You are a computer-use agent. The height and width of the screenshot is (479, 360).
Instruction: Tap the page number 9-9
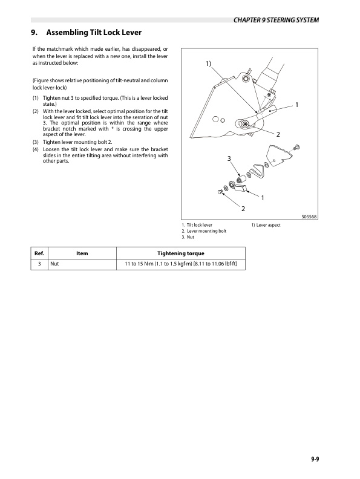coord(312,459)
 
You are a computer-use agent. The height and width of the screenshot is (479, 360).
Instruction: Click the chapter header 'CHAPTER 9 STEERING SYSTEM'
coord(275,21)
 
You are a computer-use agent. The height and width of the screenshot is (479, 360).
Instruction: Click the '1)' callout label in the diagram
coord(208,64)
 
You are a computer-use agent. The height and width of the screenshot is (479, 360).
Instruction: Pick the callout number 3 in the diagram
coord(229,158)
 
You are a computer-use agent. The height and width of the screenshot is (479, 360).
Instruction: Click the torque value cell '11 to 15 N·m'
coord(180,264)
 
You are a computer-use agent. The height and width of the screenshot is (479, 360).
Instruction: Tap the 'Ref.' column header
coord(39,253)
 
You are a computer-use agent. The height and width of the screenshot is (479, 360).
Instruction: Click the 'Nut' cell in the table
coord(54,264)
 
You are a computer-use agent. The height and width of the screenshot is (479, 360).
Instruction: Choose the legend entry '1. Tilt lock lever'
coord(197,225)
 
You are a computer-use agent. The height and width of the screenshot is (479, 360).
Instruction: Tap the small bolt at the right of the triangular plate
coord(296,148)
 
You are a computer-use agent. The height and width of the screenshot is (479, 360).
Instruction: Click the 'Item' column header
coord(82,253)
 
